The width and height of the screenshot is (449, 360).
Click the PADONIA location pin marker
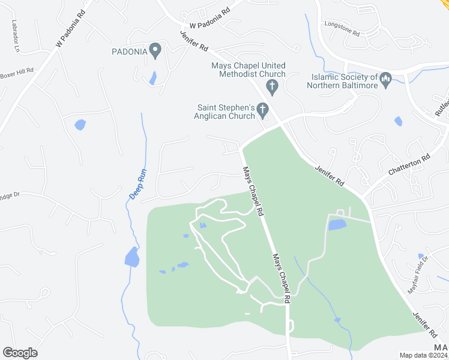[155, 51]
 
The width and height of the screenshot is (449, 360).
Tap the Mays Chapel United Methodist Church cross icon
[272, 87]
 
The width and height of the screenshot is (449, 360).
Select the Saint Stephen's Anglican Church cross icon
[262, 109]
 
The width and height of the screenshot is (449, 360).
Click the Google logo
[20, 353]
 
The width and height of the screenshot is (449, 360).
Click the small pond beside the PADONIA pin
[152, 78]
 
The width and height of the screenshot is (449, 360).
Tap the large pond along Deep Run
[131, 257]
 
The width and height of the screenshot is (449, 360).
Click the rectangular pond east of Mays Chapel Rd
[337, 225]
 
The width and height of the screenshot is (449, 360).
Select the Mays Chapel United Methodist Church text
[249, 70]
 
